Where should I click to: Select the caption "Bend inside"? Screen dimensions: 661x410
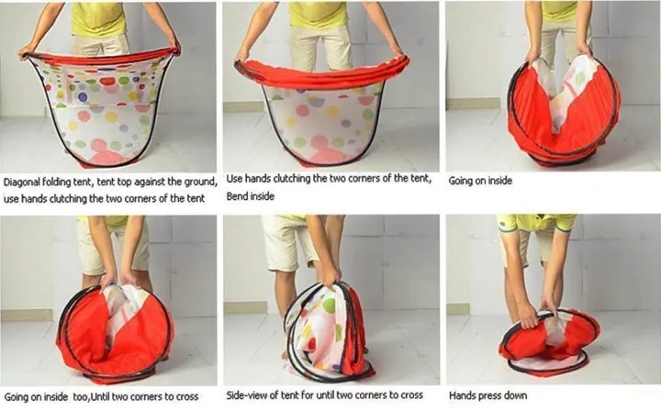(x=251, y=196)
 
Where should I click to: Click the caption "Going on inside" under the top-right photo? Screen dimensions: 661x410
(x=480, y=181)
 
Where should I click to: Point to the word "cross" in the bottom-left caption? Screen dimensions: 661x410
(x=185, y=397)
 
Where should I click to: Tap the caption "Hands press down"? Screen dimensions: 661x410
(x=487, y=395)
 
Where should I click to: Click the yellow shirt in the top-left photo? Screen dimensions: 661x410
(x=98, y=19)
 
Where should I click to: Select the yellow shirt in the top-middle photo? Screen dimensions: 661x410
(x=319, y=14)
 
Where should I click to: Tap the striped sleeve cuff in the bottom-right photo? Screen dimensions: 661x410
(x=506, y=223)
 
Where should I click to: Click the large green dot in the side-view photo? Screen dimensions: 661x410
(x=330, y=305)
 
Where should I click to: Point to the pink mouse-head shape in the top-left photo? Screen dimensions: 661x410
(x=103, y=152)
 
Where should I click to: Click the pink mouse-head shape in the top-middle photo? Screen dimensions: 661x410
(x=321, y=150)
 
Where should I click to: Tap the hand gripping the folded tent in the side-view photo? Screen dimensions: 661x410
(x=330, y=276)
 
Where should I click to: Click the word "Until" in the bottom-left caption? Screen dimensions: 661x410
(x=100, y=397)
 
